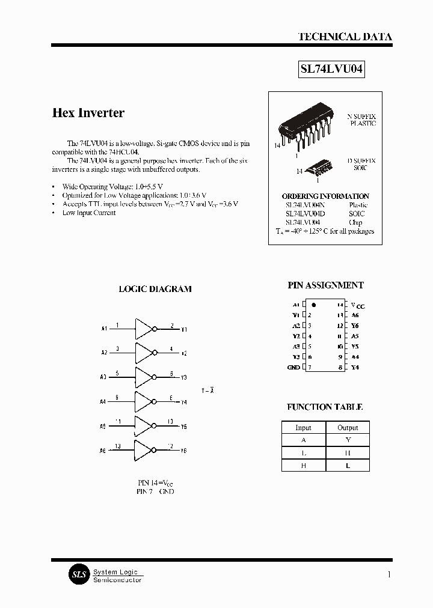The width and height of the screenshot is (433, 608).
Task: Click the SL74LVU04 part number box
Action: [x=332, y=70]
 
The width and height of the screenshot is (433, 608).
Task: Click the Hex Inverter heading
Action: [x=88, y=113]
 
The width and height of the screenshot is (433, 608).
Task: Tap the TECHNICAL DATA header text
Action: [x=345, y=37]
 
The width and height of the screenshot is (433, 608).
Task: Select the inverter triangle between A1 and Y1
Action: [x=144, y=329]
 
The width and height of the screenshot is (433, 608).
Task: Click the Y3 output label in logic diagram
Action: [x=184, y=378]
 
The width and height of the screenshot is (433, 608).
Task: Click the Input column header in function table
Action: [x=304, y=428]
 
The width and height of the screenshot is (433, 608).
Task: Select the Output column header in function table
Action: [x=348, y=428]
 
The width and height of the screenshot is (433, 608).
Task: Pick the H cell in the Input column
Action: [x=304, y=466]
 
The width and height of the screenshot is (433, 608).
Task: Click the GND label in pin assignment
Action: [x=293, y=367]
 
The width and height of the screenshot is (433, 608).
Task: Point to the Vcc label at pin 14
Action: [x=358, y=305]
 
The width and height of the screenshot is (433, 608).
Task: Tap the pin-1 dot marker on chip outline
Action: [x=314, y=305]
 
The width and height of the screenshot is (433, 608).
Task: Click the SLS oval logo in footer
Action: [x=78, y=575]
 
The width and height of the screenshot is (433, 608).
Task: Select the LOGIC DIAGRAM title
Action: [x=155, y=289]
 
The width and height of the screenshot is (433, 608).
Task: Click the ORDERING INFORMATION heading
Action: [x=325, y=196]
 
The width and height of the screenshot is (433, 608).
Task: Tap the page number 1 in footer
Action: [x=389, y=575]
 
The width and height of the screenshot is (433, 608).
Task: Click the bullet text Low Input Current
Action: [x=89, y=213]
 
